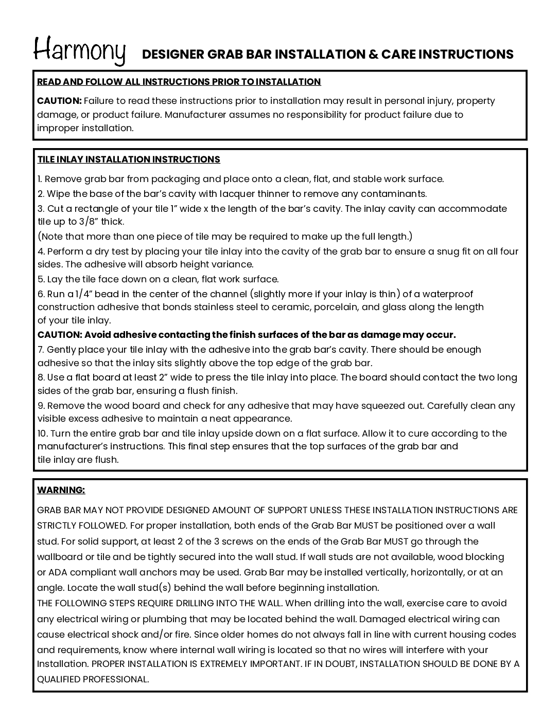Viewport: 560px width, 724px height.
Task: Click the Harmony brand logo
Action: [80, 50]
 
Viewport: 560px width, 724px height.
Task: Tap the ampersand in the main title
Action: [373, 55]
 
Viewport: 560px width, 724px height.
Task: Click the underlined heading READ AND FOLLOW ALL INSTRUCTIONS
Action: [179, 82]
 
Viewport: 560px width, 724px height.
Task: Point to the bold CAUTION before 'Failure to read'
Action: [59, 101]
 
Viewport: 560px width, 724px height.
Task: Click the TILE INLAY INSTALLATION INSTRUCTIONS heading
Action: [129, 159]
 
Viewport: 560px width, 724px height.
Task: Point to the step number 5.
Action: [41, 279]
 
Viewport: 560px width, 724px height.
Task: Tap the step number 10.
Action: [42, 433]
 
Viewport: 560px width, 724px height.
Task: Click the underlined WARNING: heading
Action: [61, 490]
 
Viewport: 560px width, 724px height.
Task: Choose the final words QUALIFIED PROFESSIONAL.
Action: [93, 679]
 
